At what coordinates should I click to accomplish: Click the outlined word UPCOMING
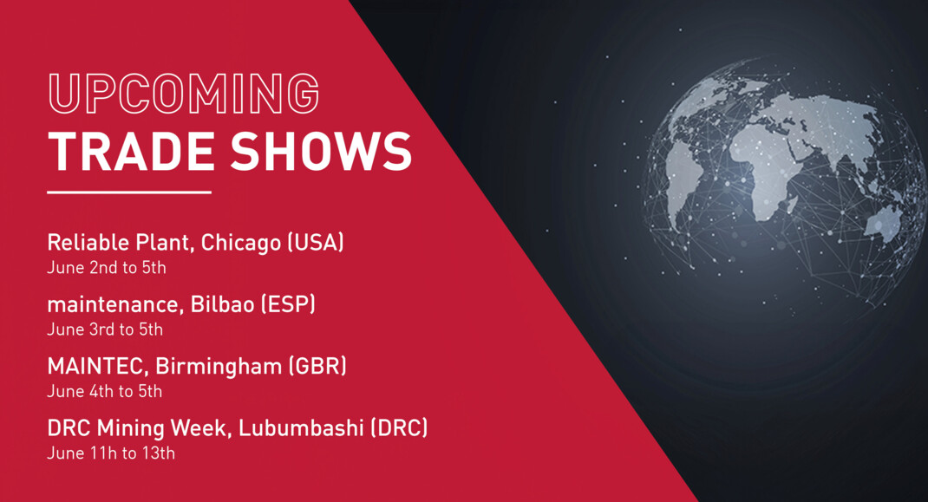[184, 94]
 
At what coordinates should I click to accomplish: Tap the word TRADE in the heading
[131, 152]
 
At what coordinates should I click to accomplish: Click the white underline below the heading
[129, 192]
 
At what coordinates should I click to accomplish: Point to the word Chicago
[241, 243]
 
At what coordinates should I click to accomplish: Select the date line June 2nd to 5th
[107, 268]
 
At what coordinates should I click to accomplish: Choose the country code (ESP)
[288, 304]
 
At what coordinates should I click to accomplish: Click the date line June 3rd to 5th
[105, 329]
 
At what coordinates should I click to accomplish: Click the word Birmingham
[219, 367]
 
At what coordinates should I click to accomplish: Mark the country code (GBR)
[317, 366]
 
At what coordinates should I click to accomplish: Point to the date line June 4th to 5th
[105, 391]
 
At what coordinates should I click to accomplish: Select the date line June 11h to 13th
[111, 453]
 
